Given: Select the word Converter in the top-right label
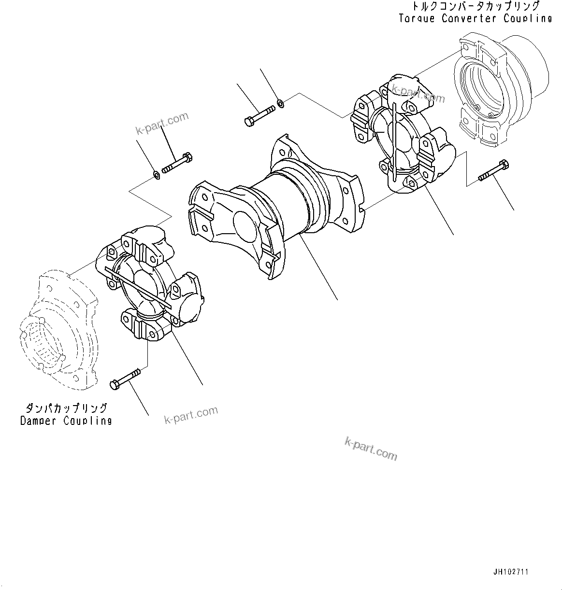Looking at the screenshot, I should [468, 18].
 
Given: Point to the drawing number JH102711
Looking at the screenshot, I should [511, 572].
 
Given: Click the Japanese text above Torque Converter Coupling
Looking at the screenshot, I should [476, 7].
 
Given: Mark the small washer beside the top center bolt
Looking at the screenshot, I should [280, 102].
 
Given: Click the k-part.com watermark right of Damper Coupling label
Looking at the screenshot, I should [191, 415].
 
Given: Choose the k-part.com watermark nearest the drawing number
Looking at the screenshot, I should [371, 449].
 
